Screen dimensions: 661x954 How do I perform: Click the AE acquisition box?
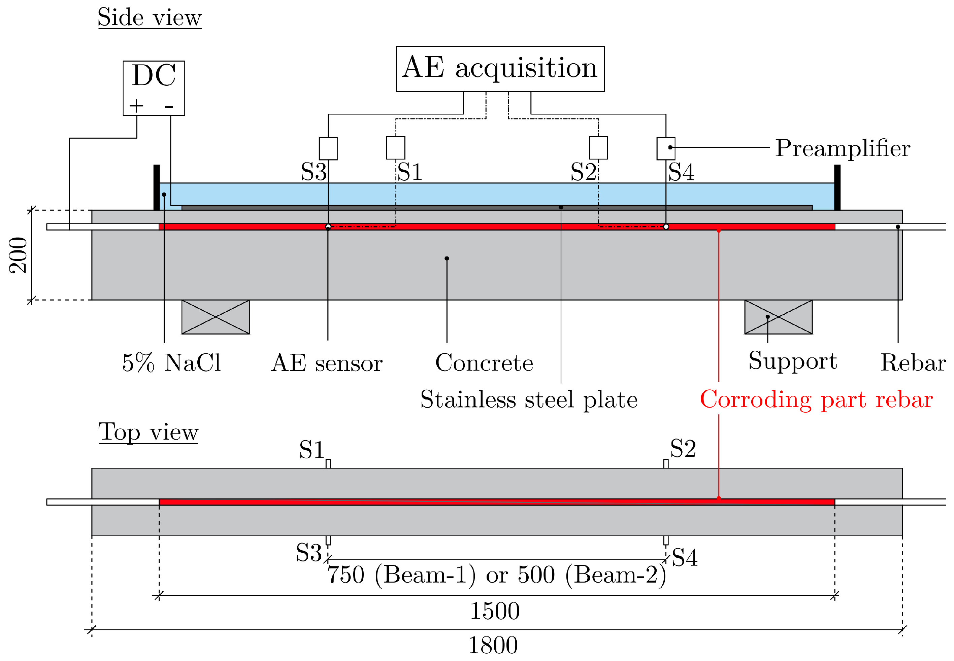[x=500, y=69]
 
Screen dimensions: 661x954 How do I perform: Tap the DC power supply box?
[x=154, y=88]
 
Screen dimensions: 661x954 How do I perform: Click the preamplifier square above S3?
[x=328, y=148]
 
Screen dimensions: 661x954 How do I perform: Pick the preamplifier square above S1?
[x=395, y=148]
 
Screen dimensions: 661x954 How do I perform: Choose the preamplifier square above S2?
[x=598, y=148]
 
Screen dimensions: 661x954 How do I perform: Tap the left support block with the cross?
[x=216, y=317]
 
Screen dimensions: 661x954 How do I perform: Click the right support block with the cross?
[x=778, y=317]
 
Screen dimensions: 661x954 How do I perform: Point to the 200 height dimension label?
[x=19, y=255]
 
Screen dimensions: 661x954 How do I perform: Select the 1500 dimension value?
[x=494, y=611]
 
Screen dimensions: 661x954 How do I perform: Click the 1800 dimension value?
[x=493, y=645]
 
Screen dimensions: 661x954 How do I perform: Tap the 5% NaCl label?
[x=171, y=363]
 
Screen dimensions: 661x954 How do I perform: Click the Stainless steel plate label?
[x=529, y=400]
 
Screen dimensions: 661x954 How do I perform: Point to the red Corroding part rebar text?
[x=816, y=400]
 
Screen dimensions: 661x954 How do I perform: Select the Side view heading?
[x=149, y=18]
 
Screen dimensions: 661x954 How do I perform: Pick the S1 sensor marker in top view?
[x=328, y=463]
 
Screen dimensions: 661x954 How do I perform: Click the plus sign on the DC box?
[x=136, y=106]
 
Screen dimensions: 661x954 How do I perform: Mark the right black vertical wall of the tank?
[x=837, y=187]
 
